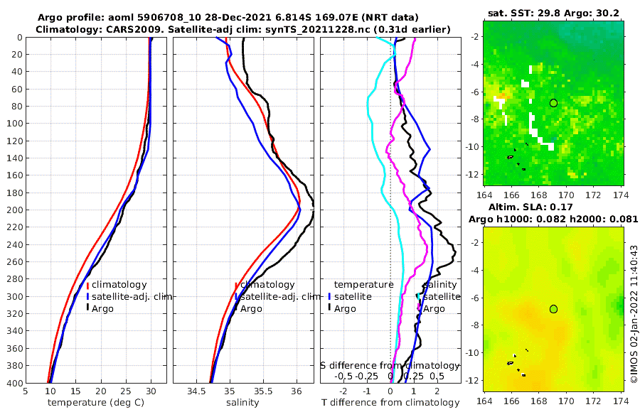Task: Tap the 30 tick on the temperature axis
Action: coord(151,391)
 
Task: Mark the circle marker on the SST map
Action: coord(553,103)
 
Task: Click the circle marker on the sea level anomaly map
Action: coord(553,308)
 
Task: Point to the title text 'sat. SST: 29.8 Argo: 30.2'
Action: coord(553,13)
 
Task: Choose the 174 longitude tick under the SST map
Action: coord(621,193)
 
